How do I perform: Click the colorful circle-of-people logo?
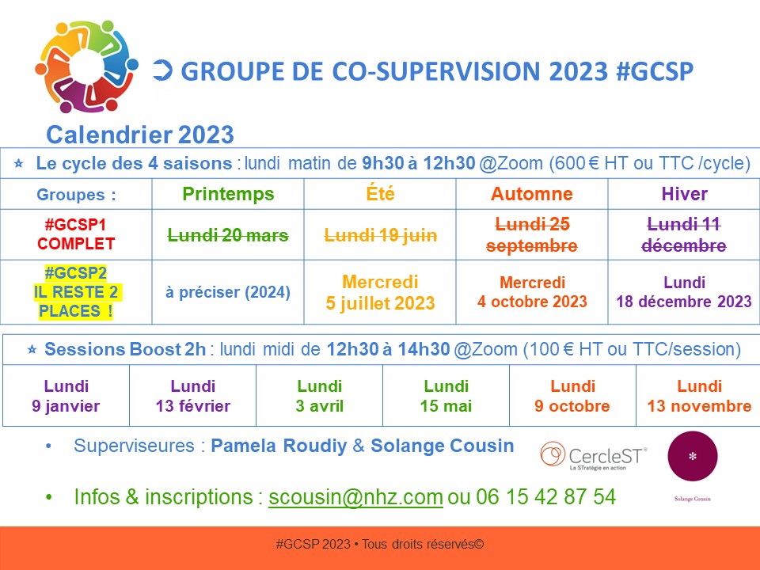[x=86, y=66]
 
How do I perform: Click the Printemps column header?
[x=228, y=194]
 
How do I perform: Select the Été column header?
[x=380, y=193]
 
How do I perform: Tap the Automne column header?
[x=532, y=194]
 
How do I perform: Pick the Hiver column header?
[x=684, y=194]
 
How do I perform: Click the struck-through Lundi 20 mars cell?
[x=228, y=235]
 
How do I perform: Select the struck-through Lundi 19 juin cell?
[x=381, y=235]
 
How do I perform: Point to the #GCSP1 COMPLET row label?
[x=76, y=234]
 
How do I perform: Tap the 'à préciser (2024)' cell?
[x=228, y=292]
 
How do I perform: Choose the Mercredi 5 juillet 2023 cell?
[x=380, y=292]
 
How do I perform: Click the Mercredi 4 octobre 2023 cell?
[x=532, y=292]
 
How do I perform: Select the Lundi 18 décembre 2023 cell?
[x=684, y=292]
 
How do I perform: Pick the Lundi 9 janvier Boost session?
[x=66, y=396]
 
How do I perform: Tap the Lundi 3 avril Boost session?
[x=319, y=396]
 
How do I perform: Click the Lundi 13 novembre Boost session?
[x=699, y=396]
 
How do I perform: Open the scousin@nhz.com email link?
[x=355, y=497]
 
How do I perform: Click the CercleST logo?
[x=594, y=456]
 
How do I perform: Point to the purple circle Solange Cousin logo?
[x=692, y=456]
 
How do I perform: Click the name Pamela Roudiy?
[x=279, y=446]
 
